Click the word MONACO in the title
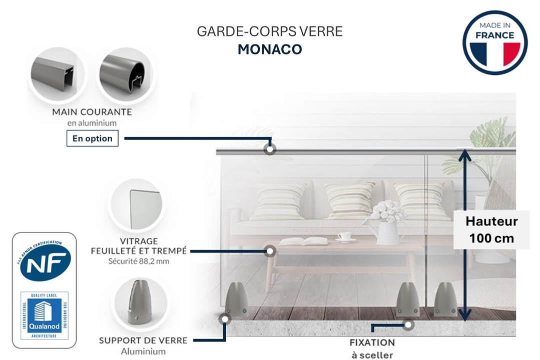[x=270, y=49]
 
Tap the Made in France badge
[x=494, y=42]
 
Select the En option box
[x=92, y=138]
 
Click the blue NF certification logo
[x=45, y=261]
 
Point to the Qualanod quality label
[x=45, y=315]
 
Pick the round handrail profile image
[x=125, y=74]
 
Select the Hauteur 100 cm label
[x=491, y=229]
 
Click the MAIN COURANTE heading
[x=92, y=112]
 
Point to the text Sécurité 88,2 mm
[x=139, y=261]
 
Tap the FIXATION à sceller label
[x=372, y=348]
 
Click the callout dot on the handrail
[x=270, y=149]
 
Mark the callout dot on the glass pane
[x=270, y=251]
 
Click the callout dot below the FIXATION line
[x=408, y=325]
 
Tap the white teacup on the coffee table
[x=344, y=236]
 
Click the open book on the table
[x=303, y=241]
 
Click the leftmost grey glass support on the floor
[x=237, y=299]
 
